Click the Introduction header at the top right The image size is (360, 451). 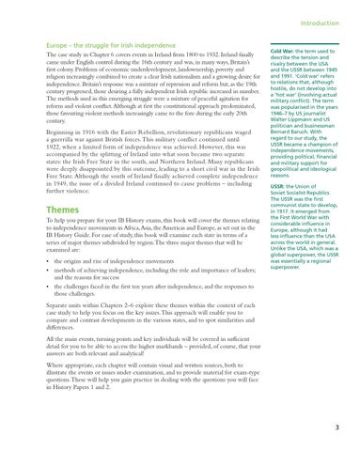point(323,13)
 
